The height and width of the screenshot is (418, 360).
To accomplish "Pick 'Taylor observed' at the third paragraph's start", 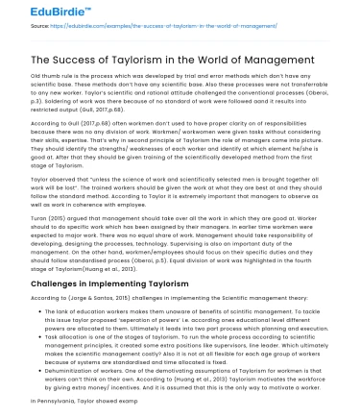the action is point(52,178).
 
